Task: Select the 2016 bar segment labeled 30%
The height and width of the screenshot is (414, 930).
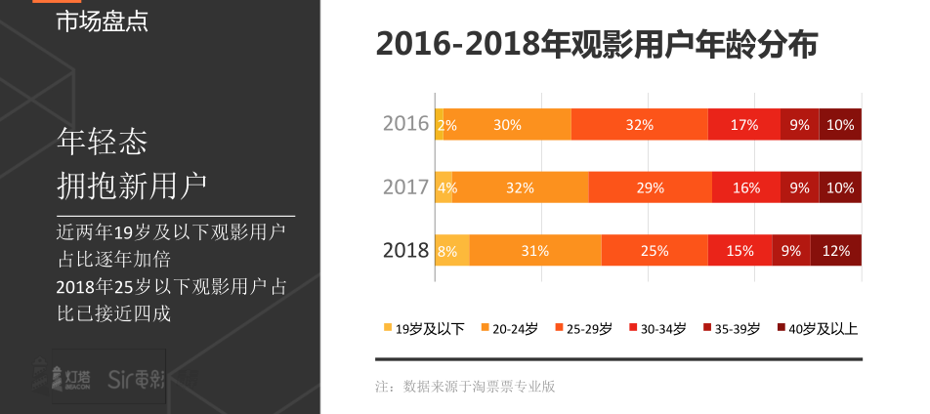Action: [507, 125]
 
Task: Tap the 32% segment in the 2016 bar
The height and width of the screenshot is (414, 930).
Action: [640, 125]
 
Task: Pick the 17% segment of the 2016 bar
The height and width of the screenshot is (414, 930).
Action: [744, 125]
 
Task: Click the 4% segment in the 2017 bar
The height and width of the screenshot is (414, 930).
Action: [444, 187]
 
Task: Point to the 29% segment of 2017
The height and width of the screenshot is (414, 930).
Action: [651, 187]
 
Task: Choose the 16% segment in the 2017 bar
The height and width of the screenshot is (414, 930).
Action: [746, 187]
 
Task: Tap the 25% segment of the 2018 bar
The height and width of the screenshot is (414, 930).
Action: [655, 251]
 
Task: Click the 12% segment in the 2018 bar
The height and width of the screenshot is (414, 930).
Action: [836, 251]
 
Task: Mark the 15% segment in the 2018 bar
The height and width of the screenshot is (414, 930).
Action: [740, 251]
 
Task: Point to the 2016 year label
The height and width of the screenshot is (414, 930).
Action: [405, 124]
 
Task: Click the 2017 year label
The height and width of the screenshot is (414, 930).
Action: [405, 187]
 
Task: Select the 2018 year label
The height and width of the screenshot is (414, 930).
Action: [405, 251]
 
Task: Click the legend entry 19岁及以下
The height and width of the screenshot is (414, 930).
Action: [424, 328]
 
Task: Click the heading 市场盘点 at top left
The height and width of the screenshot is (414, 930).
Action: [103, 21]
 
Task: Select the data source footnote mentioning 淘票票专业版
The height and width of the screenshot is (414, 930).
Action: [465, 387]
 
